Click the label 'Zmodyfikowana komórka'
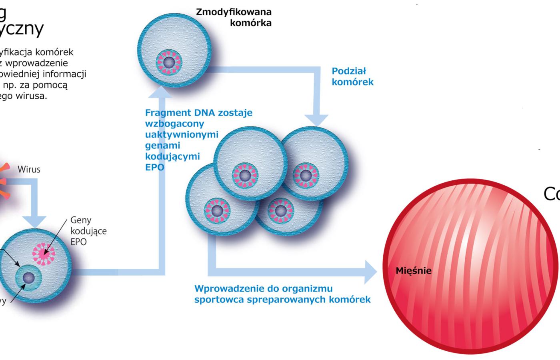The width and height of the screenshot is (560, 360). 234,17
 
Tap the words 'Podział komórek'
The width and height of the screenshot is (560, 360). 352,76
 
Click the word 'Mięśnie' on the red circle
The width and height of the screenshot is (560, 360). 414,271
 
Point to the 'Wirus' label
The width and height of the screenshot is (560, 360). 29,169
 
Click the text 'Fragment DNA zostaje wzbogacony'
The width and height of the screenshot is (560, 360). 198,118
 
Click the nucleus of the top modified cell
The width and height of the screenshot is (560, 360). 169,62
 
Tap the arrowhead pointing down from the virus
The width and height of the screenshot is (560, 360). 34,221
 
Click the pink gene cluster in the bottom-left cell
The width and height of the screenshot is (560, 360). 43,253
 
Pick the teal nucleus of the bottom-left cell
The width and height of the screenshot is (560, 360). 28,277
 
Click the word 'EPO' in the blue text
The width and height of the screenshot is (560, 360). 154,167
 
